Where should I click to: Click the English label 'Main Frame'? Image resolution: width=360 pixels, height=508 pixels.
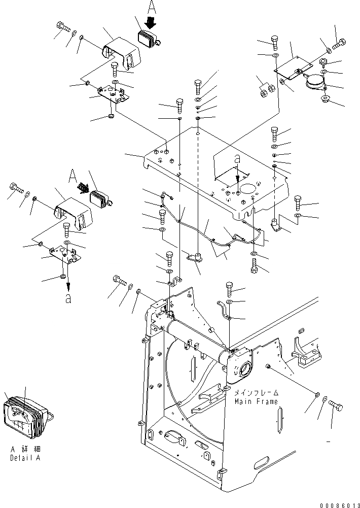[256, 401]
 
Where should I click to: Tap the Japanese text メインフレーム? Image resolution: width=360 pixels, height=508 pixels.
[256, 393]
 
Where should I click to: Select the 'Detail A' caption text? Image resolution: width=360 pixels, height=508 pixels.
[24, 458]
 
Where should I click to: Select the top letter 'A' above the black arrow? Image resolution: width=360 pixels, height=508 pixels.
[152, 7]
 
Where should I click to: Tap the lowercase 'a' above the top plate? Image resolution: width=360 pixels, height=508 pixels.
[237, 159]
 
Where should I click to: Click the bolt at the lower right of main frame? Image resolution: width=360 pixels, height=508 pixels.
[336, 406]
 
